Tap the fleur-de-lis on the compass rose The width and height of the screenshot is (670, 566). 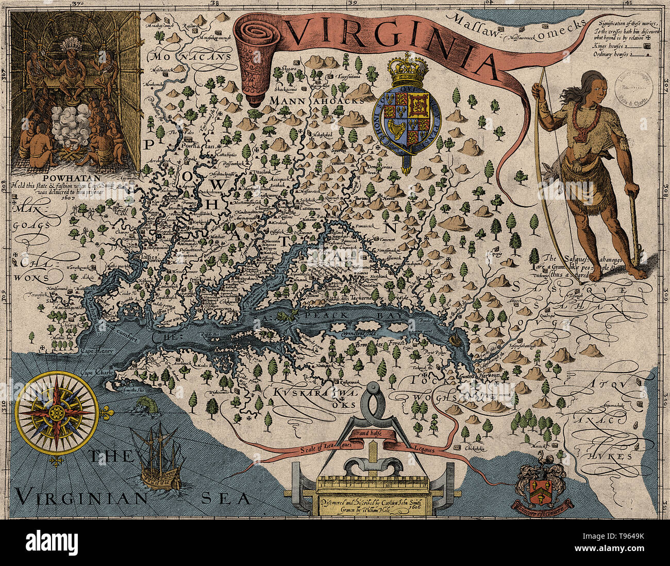tap(106, 413)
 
